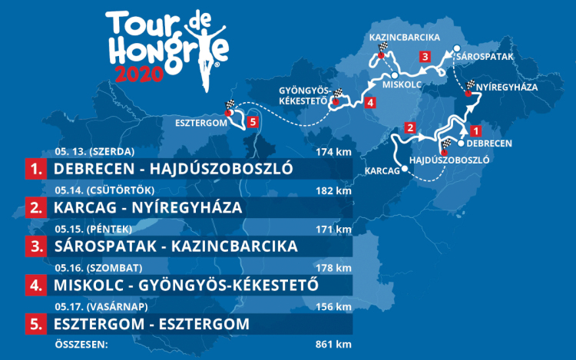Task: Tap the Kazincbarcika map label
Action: tap(404, 37)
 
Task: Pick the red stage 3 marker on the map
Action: tap(424, 55)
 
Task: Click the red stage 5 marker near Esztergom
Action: tap(254, 122)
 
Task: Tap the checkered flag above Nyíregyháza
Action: tap(470, 86)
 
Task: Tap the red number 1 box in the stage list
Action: tap(35, 169)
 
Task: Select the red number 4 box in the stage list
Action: tap(35, 285)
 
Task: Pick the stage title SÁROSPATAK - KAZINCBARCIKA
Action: tap(174, 246)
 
